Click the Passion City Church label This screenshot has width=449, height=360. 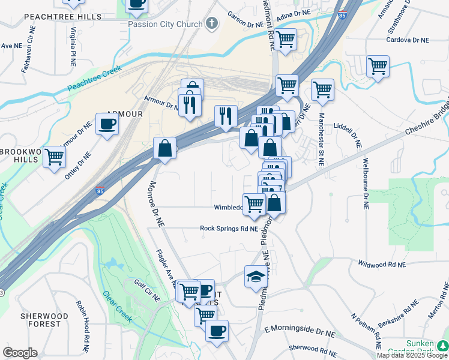point(164,24)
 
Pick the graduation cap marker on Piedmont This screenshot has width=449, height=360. point(256,277)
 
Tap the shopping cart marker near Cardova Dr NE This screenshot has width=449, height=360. point(378,67)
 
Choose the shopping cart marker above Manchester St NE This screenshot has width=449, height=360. point(322,91)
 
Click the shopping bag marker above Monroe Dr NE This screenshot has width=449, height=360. point(164,148)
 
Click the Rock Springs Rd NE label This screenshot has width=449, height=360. point(229,229)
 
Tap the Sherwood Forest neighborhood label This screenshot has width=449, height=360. point(41,320)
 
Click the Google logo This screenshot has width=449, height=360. point(20,353)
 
